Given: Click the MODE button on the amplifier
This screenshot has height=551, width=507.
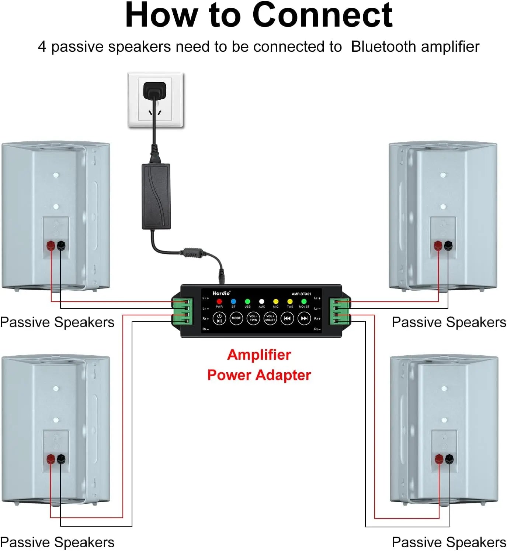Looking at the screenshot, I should pos(236,318).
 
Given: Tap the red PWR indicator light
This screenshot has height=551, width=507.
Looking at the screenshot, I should pos(219,302).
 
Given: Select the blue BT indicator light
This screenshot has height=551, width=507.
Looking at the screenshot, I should pos(233,302).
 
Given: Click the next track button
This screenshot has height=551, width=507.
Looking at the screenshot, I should pos(304,318).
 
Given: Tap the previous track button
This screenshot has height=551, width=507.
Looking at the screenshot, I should pos(287,318).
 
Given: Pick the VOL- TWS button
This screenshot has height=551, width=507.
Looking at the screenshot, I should pos(253,318).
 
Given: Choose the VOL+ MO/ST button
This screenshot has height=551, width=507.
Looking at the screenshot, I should pos(270,318).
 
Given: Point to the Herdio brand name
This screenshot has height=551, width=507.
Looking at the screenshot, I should pos(221,293).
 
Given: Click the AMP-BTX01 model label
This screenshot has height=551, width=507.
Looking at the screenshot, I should pos(301,294).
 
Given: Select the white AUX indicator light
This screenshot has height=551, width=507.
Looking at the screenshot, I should pos(261,302).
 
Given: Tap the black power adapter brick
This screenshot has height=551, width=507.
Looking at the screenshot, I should pos(156,196).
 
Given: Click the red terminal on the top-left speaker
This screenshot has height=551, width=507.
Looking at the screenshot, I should pos(51,245).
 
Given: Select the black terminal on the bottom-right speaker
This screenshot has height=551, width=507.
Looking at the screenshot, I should pos(449,459).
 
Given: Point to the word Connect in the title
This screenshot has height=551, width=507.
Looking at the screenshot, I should pos(322,16).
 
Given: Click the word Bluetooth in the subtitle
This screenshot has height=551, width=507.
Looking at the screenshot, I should pos(383,47).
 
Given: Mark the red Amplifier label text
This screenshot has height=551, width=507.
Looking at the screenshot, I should pos(259,355).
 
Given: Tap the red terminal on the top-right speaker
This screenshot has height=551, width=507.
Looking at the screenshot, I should pos(438,245).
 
